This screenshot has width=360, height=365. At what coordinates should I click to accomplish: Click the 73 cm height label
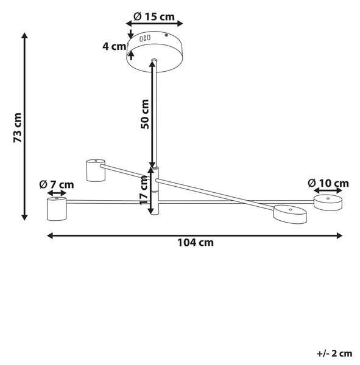click(18, 128)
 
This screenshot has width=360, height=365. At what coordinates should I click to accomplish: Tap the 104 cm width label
click(196, 243)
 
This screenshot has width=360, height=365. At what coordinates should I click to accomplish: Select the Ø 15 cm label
click(154, 16)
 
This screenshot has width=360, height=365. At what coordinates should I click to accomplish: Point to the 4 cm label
click(115, 46)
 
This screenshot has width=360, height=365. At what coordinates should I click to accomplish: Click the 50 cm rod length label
click(145, 114)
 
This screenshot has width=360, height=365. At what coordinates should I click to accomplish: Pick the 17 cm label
click(144, 190)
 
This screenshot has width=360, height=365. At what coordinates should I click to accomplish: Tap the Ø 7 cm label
click(57, 184)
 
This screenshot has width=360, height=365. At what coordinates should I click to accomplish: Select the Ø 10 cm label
click(328, 183)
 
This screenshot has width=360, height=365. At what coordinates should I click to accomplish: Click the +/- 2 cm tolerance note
click(334, 353)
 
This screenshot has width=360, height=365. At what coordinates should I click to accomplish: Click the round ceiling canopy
click(155, 52)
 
